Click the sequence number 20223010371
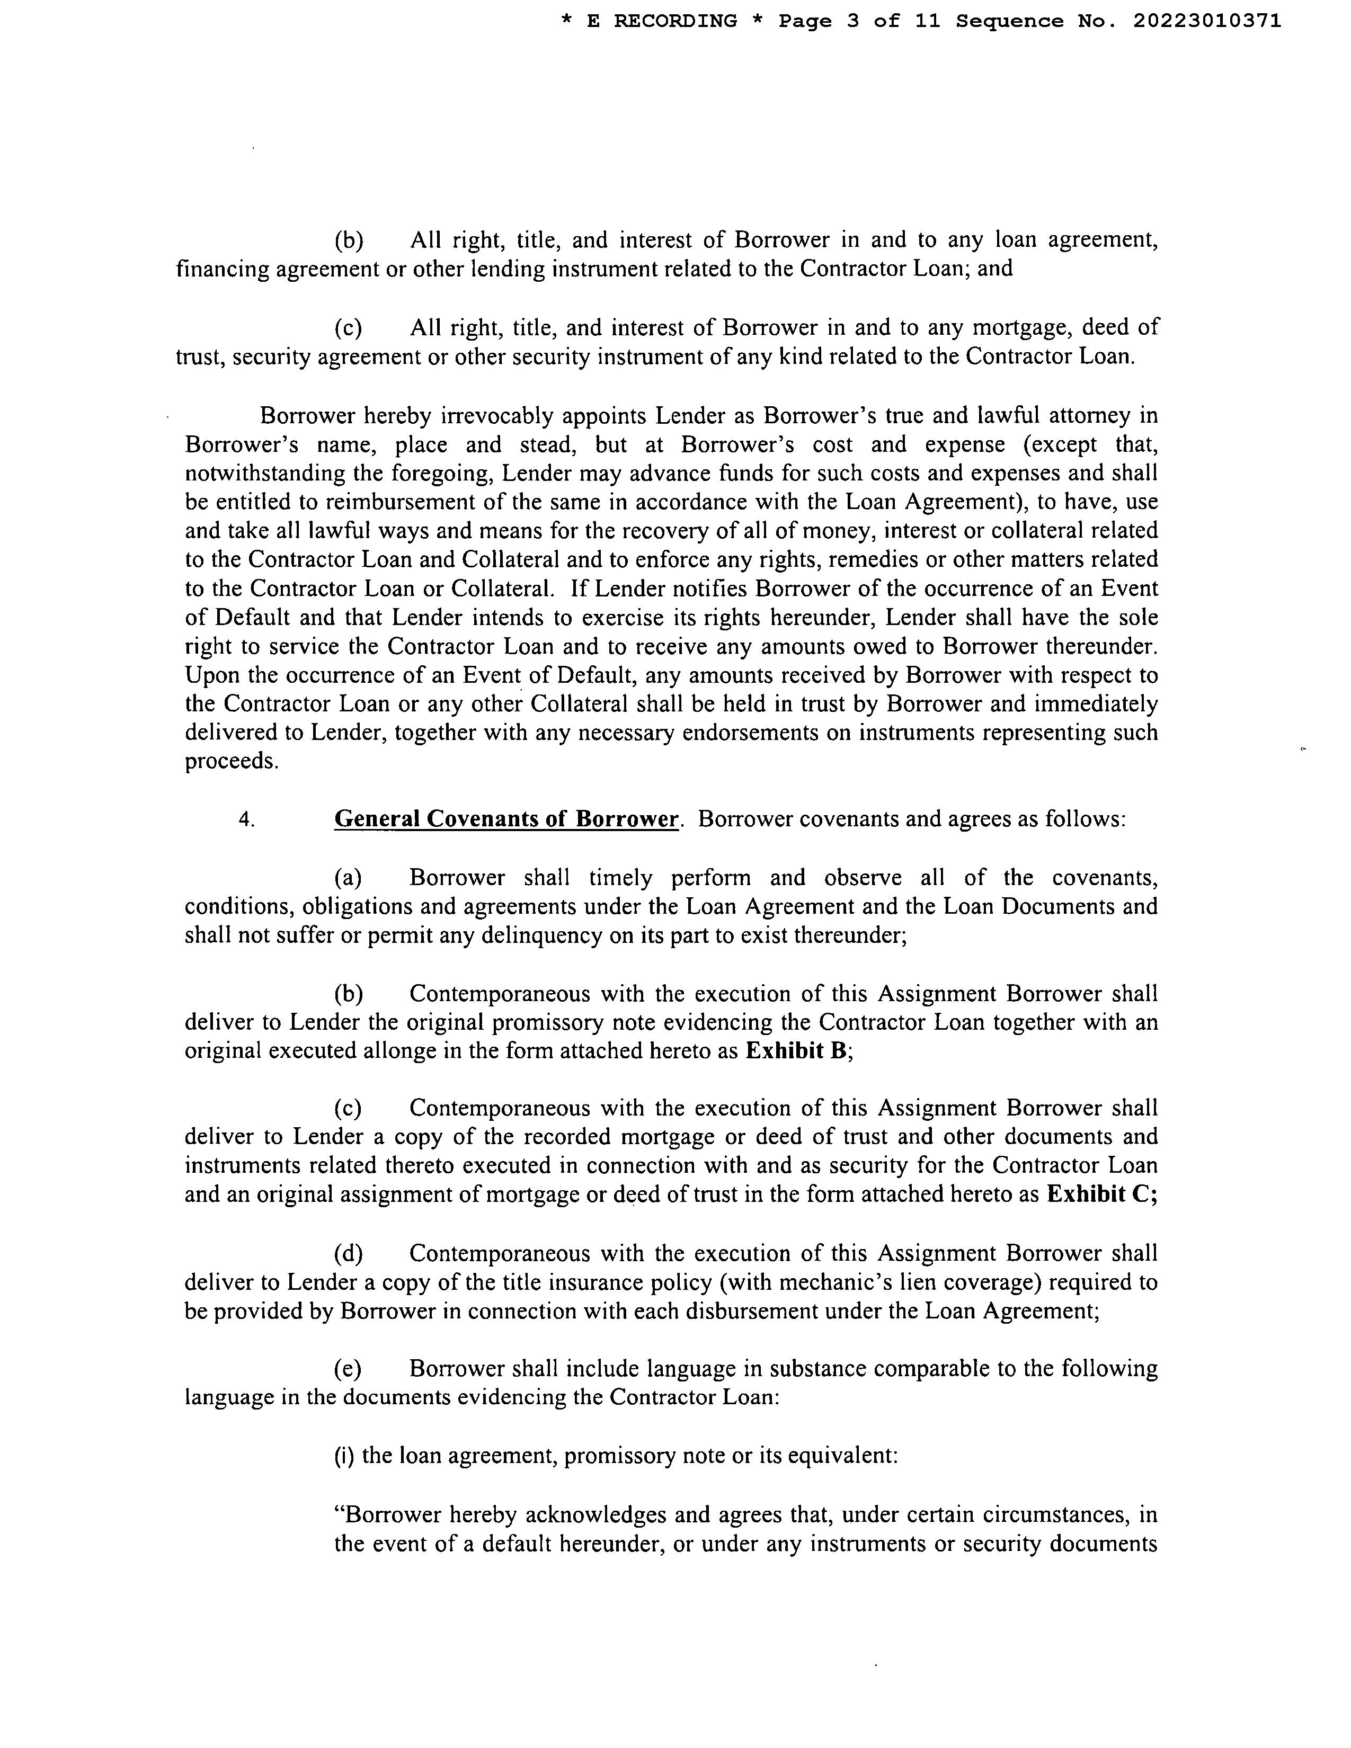[1206, 22]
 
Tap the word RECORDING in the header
[674, 22]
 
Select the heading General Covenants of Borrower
[506, 819]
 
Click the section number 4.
[246, 819]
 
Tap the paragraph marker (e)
[348, 1369]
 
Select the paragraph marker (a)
[348, 878]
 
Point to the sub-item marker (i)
[344, 1455]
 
